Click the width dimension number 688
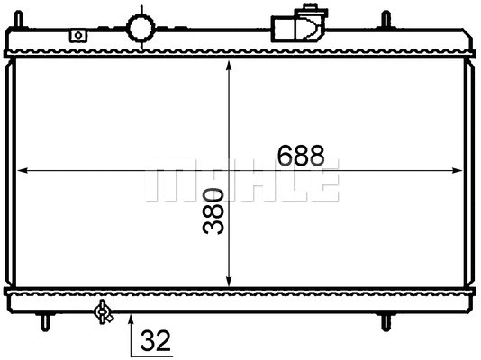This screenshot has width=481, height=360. (300, 155)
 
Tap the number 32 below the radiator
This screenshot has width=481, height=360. (155, 341)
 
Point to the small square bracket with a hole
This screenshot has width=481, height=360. (78, 35)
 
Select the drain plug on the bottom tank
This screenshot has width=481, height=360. (104, 311)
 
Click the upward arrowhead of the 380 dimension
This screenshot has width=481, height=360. (231, 69)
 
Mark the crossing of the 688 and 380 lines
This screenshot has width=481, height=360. (231, 169)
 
